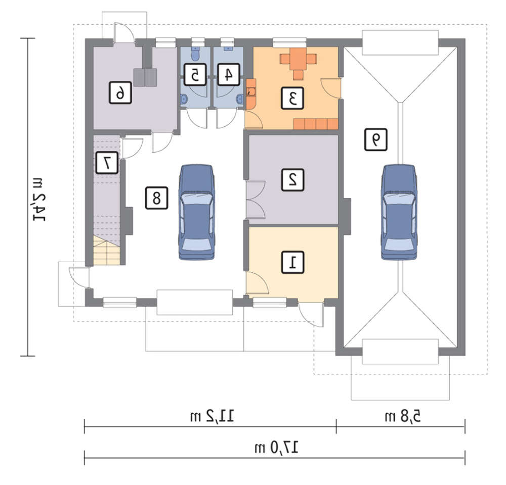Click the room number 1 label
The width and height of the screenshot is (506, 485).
tap(292, 263)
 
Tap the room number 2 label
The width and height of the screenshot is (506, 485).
tap(292, 179)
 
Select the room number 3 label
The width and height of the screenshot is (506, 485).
tap(292, 98)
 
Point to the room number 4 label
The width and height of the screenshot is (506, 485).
tap(229, 74)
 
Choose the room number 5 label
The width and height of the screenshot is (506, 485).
tap(195, 74)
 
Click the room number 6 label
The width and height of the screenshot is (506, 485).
tap(120, 92)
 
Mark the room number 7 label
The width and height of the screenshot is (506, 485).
tap(107, 163)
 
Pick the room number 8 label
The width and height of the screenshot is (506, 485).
tap(156, 198)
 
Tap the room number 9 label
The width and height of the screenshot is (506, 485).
tap(376, 139)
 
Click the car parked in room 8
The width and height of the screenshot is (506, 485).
tap(196, 212)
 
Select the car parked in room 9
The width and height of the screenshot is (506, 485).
tap(399, 212)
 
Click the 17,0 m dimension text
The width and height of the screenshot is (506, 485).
tap(277, 448)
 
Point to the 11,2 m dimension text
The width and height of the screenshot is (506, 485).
tap(212, 416)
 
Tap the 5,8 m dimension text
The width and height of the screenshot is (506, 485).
tap(403, 416)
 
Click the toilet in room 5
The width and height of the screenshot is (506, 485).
tap(195, 54)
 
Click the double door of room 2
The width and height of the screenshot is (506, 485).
tap(256, 200)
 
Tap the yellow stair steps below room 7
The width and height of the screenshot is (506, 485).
tap(106, 251)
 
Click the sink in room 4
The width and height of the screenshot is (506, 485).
tap(240, 99)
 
